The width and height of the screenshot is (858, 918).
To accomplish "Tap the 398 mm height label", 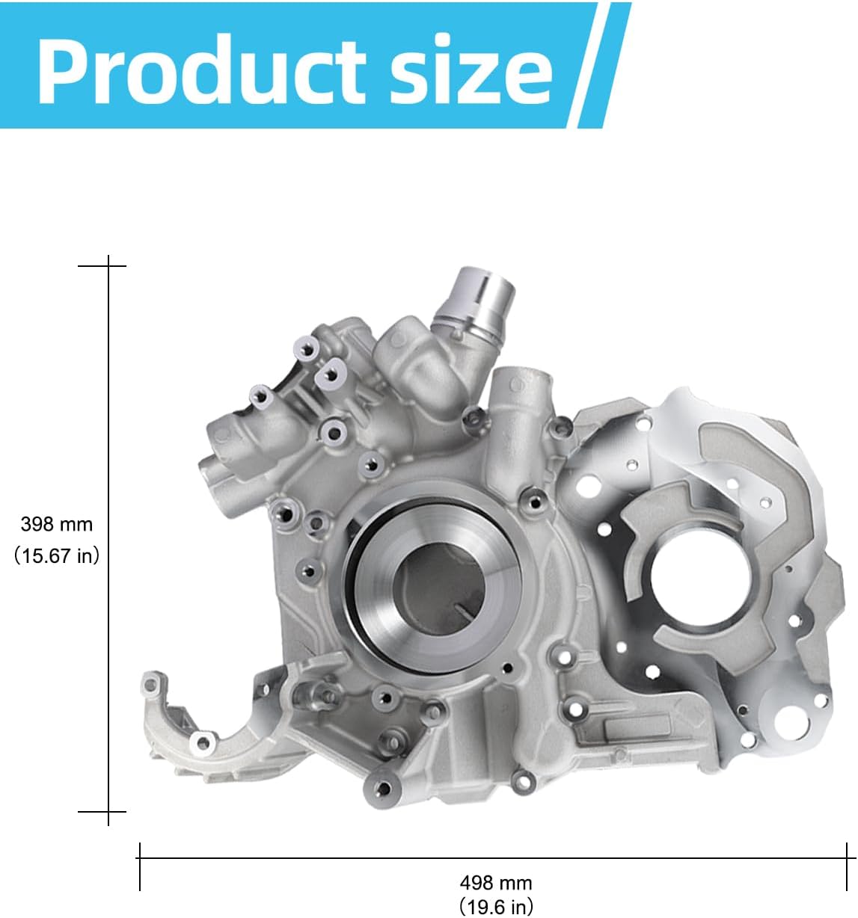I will pyautogui.click(x=57, y=524).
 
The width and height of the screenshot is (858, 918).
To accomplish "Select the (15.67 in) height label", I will pyautogui.click(x=57, y=555).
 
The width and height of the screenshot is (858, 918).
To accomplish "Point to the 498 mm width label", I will pyautogui.click(x=495, y=883).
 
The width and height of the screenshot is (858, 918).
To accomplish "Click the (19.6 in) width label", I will pyautogui.click(x=495, y=907).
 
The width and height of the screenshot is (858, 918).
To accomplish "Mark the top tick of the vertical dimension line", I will pyautogui.click(x=108, y=265).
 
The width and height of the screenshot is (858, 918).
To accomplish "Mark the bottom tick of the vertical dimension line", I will pyautogui.click(x=108, y=810).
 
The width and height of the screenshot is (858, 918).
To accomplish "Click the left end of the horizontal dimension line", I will pyautogui.click(x=140, y=858).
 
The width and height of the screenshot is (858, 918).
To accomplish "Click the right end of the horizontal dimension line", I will pyautogui.click(x=846, y=858).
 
